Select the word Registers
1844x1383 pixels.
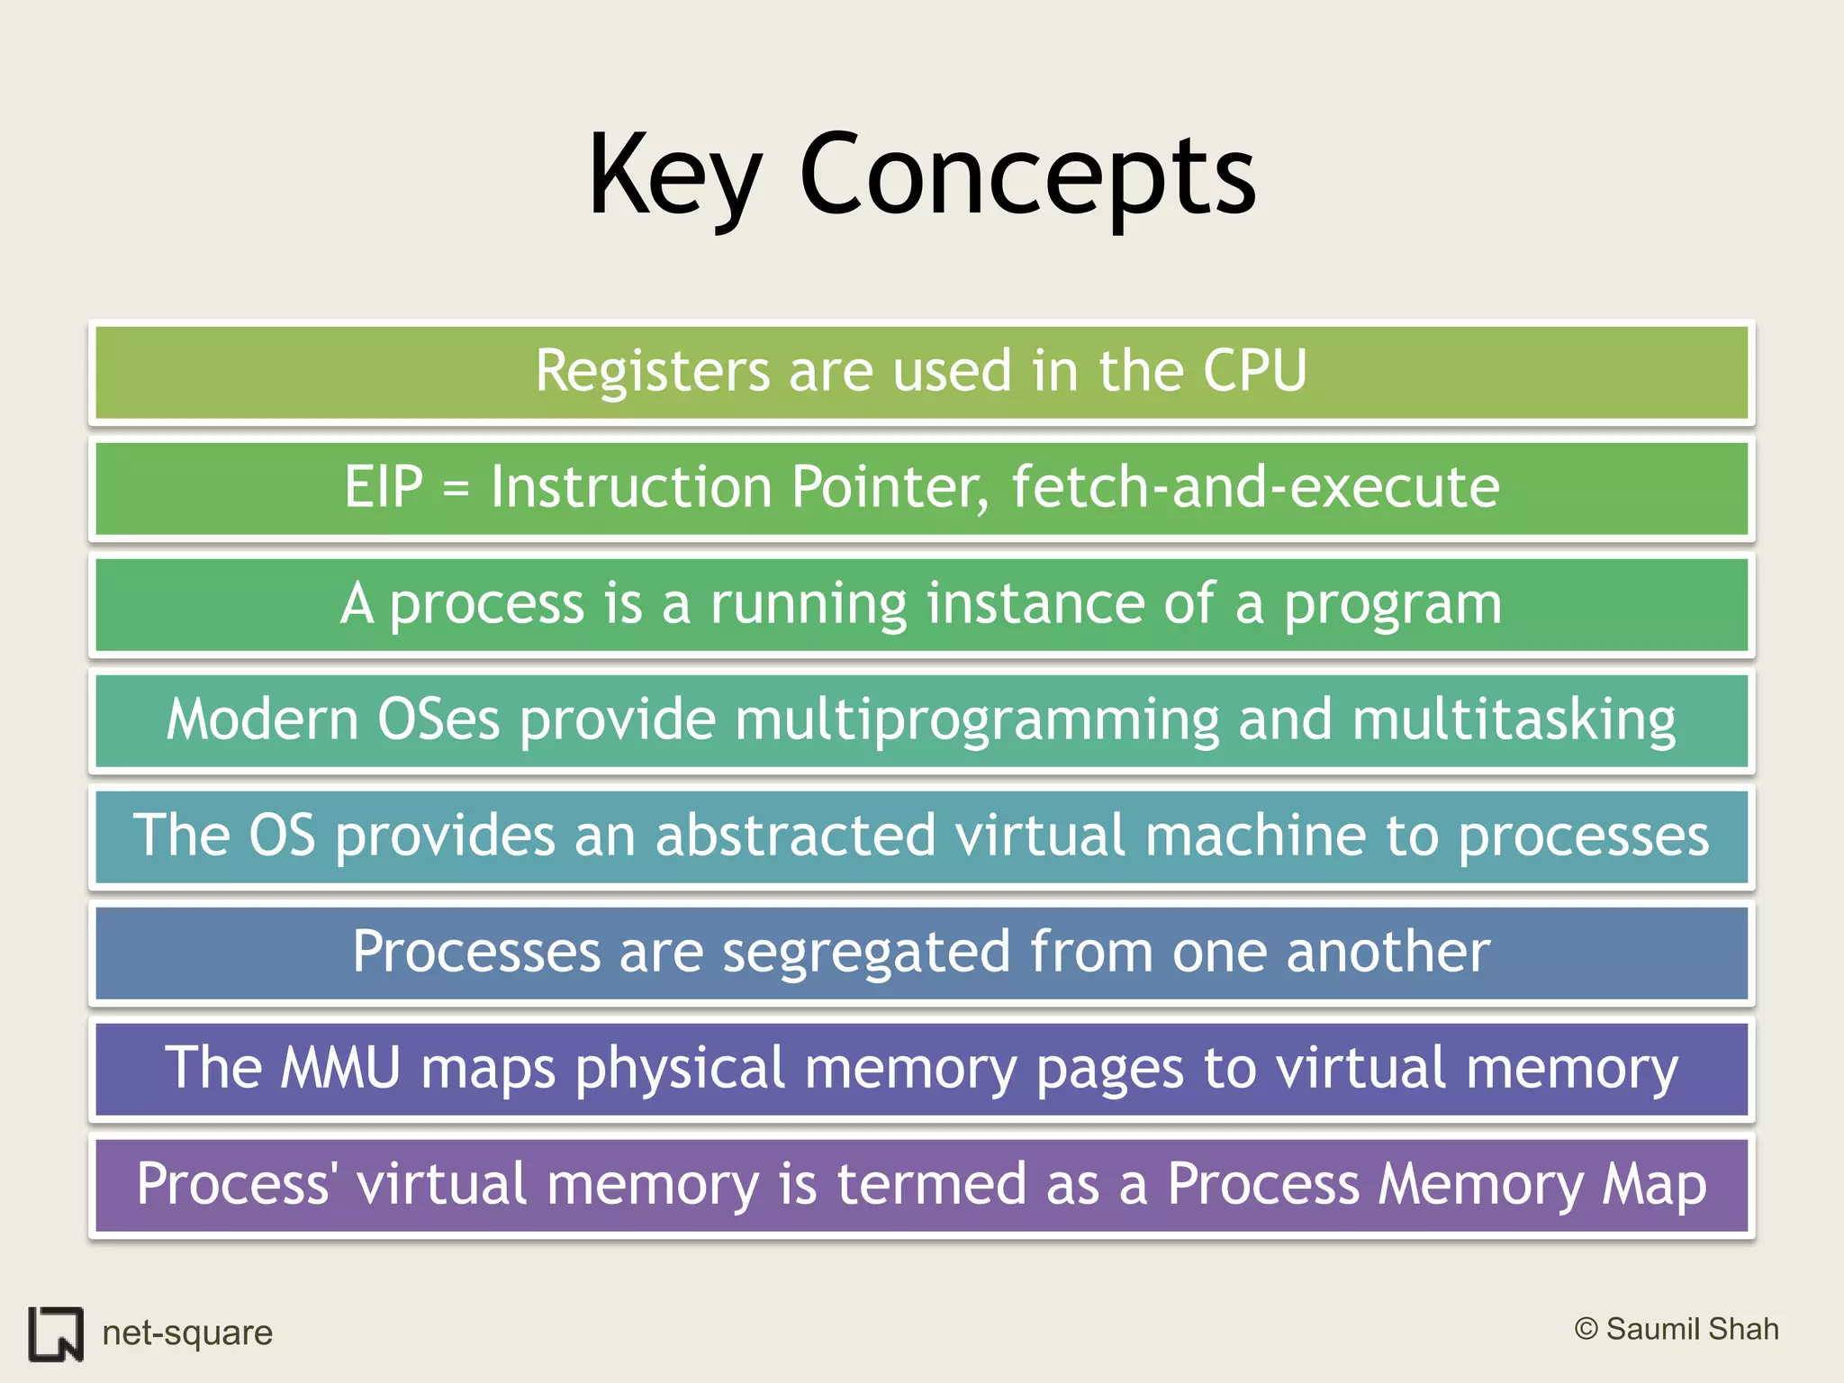653,372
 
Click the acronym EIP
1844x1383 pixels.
384,487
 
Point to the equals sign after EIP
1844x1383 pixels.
456,490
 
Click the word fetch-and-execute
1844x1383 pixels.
1255,487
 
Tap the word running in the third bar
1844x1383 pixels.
808,605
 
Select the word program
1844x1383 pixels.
1392,605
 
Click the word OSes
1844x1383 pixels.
438,719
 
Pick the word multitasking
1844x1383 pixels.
1514,721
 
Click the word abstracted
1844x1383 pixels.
795,836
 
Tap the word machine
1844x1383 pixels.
1255,836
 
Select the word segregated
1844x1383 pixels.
866,953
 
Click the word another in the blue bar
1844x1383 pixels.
1388,953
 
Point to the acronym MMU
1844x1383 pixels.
339,1068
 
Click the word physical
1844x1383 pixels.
681,1070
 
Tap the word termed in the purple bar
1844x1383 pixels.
931,1184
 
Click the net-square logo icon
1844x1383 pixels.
56,1333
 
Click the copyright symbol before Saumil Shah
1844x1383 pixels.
1586,1329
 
